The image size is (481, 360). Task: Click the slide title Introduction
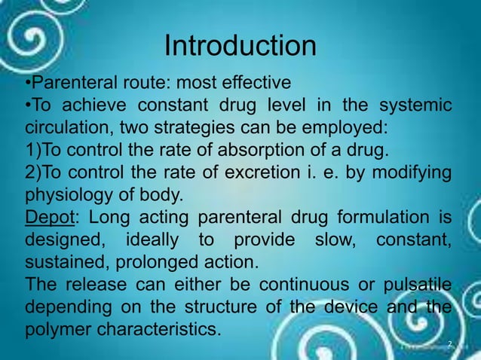point(240,47)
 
